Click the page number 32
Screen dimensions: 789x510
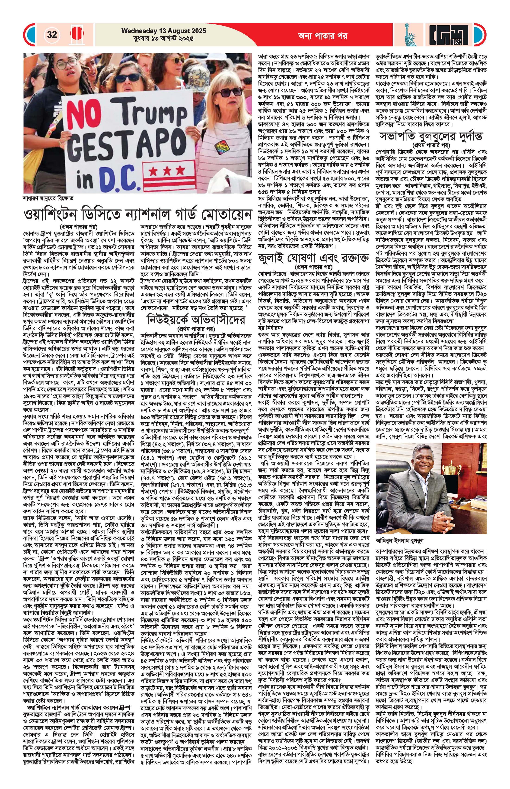pyautogui.click(x=52, y=35)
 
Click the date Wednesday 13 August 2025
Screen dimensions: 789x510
pyautogui.click(x=164, y=31)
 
